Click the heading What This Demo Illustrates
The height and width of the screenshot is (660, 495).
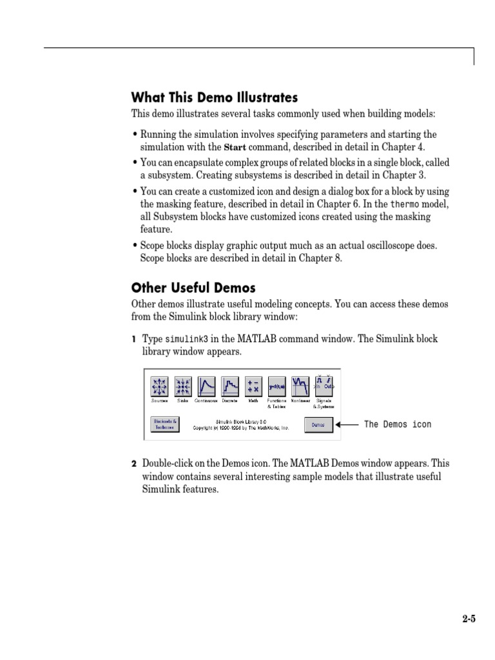tap(215, 98)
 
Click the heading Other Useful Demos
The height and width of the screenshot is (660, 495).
tap(193, 287)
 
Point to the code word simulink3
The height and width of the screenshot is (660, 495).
tap(187, 339)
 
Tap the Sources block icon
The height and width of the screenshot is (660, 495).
tap(159, 386)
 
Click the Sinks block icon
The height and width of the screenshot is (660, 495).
tap(183, 386)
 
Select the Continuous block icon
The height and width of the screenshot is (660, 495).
tap(207, 386)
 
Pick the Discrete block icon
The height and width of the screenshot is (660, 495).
tap(230, 386)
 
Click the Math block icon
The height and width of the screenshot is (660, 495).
tap(253, 386)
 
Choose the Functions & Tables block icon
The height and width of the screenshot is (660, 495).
tap(277, 386)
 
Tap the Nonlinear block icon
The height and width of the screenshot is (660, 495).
tap(300, 386)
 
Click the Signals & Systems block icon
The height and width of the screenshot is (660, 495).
tap(324, 386)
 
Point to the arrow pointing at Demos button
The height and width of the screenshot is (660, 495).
tap(348, 425)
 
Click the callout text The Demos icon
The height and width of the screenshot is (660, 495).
tap(398, 424)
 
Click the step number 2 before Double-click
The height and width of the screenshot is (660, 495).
tap(134, 464)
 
